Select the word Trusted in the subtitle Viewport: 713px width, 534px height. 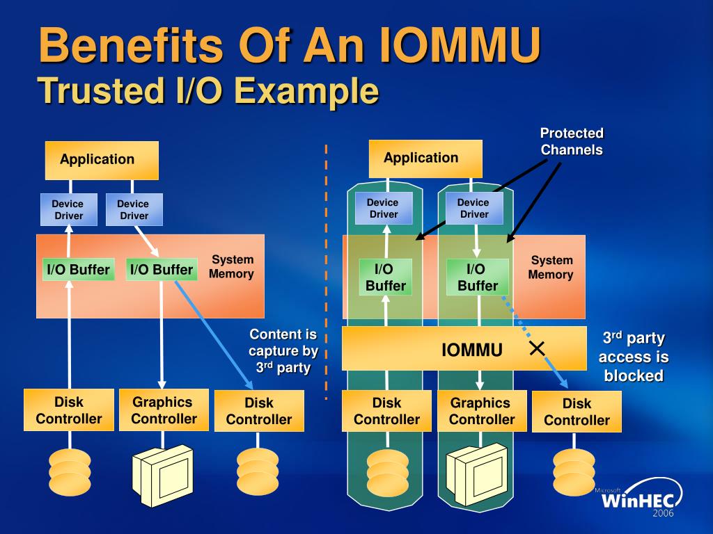(100, 90)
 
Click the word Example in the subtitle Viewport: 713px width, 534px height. (307, 91)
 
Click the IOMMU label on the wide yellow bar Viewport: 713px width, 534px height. (472, 350)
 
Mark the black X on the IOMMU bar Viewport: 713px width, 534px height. (537, 349)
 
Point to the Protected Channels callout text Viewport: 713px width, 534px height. (572, 141)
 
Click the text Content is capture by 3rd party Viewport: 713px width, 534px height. (283, 350)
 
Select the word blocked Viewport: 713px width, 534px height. (634, 375)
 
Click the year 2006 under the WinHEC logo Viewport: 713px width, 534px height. (663, 513)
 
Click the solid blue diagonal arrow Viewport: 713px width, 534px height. (214, 335)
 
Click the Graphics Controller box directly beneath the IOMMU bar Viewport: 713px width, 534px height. (482, 411)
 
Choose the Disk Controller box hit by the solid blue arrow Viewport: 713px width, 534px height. (259, 410)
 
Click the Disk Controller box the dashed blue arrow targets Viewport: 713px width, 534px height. (577, 412)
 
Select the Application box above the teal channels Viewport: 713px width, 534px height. (425, 159)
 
